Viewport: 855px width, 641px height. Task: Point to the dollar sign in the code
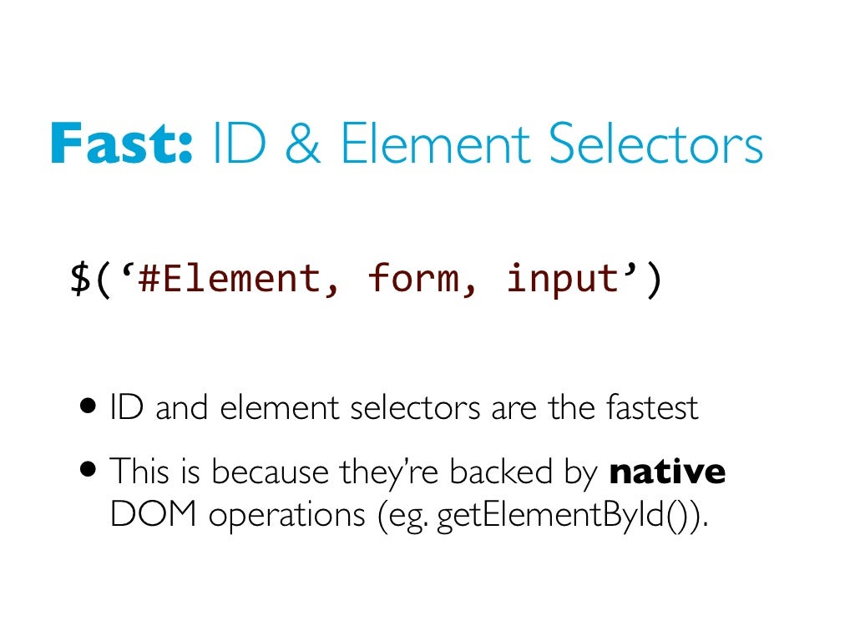coord(81,278)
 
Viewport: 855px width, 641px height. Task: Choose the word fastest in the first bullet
coord(650,408)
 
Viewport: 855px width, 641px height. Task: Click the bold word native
coord(667,472)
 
